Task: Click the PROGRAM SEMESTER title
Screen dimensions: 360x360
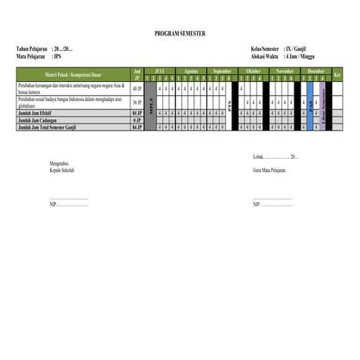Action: [180, 32]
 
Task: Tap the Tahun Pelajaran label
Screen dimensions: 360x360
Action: [32, 49]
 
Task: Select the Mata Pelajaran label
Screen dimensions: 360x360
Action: [31, 55]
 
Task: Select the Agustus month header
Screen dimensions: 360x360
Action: [192, 71]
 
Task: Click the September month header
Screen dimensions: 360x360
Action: [223, 71]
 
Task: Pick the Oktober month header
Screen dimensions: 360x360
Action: [254, 71]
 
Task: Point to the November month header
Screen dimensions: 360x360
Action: [284, 71]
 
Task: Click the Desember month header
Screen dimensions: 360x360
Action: [315, 71]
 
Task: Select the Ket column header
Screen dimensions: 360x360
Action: [338, 74]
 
